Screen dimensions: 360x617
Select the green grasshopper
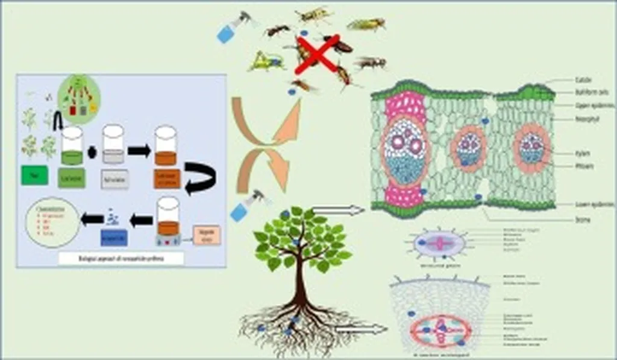pos(266,61)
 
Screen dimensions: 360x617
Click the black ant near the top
pos(277,30)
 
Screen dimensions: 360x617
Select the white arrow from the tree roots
pos(362,329)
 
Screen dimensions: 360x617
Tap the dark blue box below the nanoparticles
pos(114,237)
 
